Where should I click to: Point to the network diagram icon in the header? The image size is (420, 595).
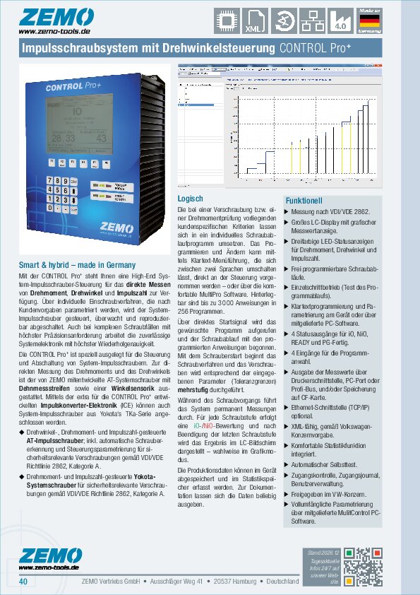[311, 20]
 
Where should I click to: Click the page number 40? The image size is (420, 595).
[23, 582]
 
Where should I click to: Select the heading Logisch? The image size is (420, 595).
[190, 199]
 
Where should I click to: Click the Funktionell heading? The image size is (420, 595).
[304, 201]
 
